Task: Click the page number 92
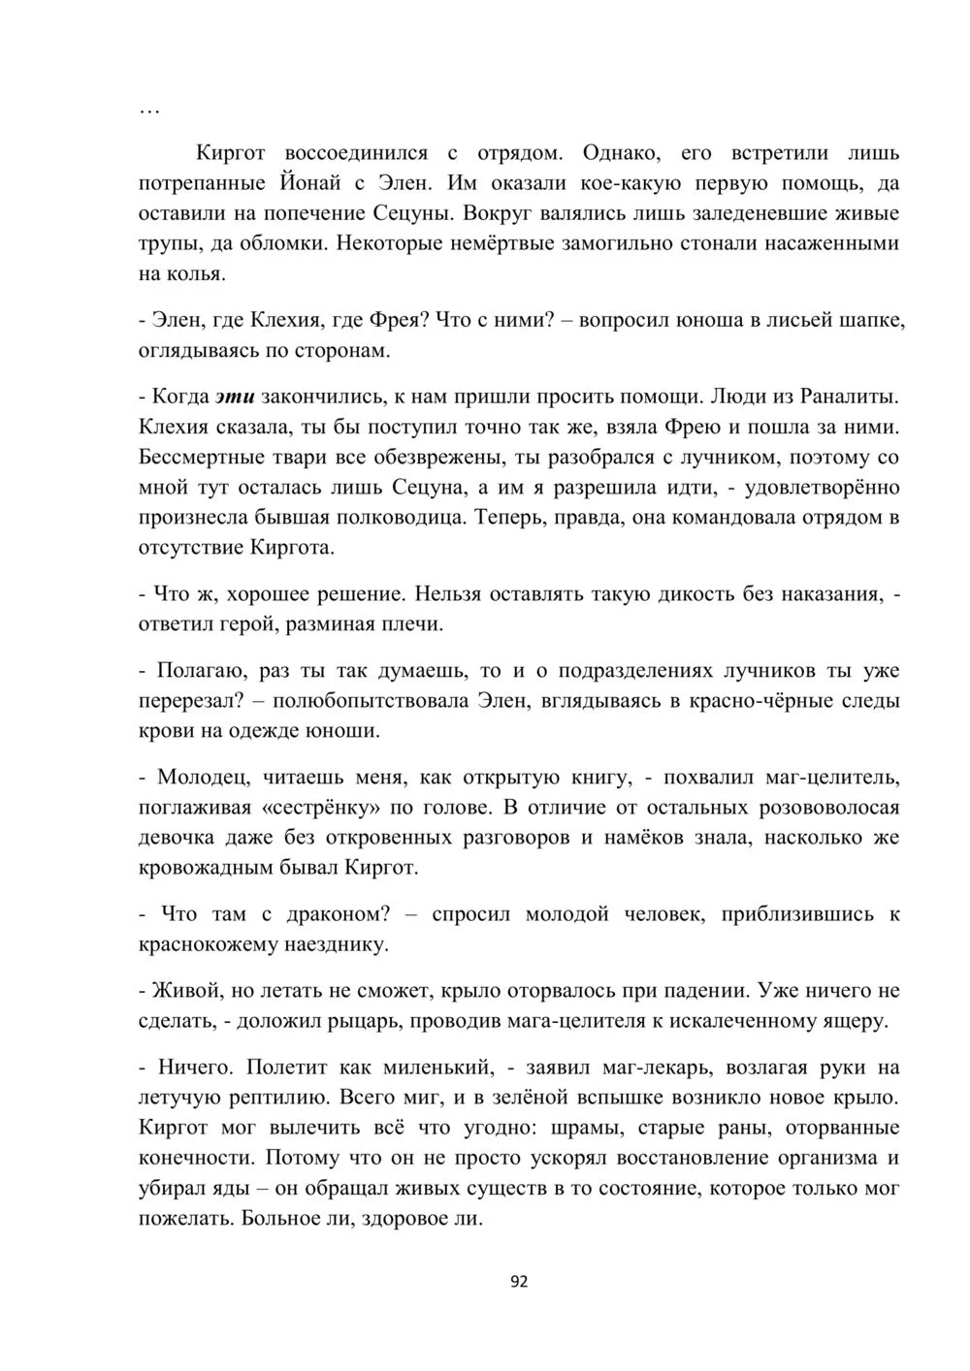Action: [519, 1281]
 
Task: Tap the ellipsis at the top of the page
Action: [149, 111]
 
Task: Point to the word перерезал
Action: [186, 700]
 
